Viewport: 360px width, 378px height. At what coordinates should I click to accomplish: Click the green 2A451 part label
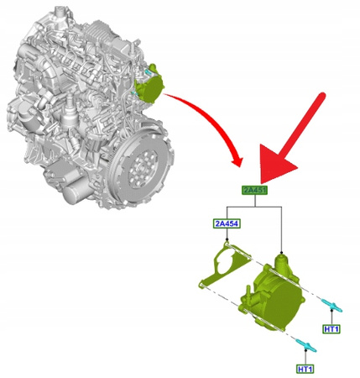click(255, 191)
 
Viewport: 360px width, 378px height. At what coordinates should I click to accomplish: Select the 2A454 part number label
click(227, 223)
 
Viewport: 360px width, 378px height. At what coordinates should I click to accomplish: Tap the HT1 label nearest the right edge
click(331, 329)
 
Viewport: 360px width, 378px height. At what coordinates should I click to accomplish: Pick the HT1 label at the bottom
click(305, 369)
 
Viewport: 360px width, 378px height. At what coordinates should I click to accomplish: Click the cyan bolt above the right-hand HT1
click(332, 306)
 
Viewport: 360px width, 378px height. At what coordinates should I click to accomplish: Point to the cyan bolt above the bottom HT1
click(306, 345)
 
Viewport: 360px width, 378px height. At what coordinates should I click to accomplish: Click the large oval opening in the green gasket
click(225, 263)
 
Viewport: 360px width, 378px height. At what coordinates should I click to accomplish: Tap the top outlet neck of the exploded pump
click(281, 263)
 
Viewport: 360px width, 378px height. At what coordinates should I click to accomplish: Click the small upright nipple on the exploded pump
click(248, 292)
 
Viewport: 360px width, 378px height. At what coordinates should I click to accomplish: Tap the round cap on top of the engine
click(59, 11)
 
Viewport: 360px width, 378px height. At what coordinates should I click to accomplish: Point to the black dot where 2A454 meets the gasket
click(227, 239)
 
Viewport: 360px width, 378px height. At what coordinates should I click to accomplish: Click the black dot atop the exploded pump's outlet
click(282, 253)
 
